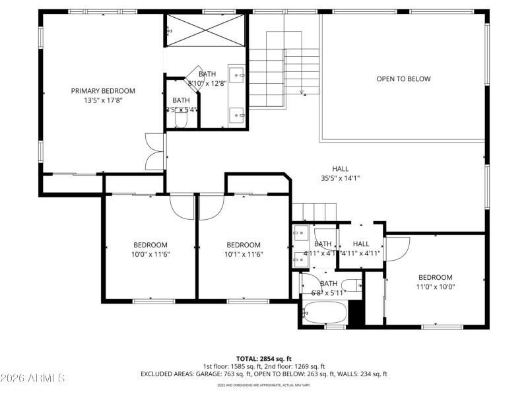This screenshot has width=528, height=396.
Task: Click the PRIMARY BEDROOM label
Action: (103, 91)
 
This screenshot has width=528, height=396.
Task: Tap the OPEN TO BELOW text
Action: (403, 79)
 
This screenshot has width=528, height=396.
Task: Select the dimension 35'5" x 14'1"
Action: (340, 178)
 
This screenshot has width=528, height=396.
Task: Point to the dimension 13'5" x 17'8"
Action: (103, 100)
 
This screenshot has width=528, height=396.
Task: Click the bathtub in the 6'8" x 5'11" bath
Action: (323, 312)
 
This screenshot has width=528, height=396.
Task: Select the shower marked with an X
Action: (205, 29)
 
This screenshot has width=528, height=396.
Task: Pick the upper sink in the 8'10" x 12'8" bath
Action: (236, 73)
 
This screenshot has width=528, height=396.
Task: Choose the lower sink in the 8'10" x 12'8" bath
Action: (236, 115)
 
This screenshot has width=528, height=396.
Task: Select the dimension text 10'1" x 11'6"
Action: (244, 254)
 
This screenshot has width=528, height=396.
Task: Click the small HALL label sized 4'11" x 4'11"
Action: (361, 244)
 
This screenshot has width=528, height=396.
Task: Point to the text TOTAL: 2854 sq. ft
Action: (264, 358)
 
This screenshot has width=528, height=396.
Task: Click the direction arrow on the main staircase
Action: (301, 92)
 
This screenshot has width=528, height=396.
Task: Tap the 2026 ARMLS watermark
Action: (32, 378)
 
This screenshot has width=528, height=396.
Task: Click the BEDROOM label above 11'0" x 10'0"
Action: (435, 277)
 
